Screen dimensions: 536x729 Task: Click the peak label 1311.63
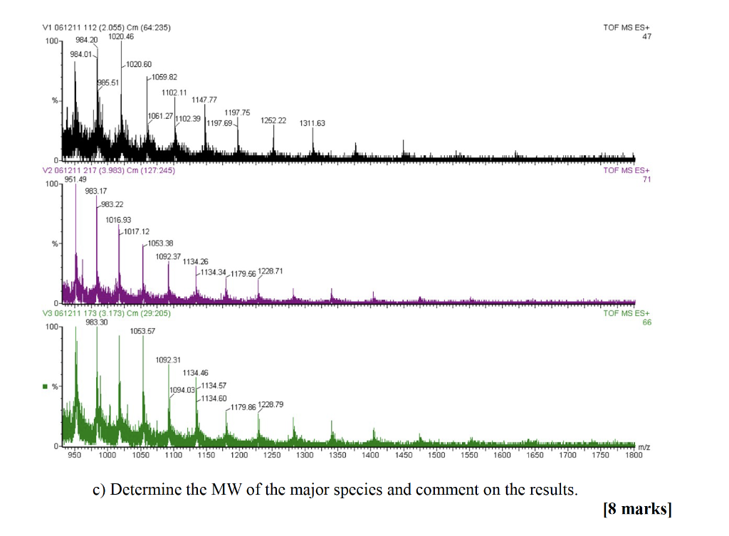coord(313,123)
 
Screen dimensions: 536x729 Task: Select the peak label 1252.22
coord(273,120)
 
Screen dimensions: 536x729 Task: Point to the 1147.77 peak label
coord(204,100)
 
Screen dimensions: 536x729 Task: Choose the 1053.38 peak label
coord(160,243)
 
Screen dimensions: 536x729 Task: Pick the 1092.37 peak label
coord(168,256)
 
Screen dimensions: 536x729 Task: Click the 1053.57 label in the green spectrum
coord(142,331)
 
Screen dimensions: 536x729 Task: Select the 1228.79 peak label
coord(271,404)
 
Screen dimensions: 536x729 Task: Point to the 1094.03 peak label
coord(182,390)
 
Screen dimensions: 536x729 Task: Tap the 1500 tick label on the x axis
coord(436,455)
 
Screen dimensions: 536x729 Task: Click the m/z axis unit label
coord(644,447)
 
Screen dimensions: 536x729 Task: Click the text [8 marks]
coord(636,509)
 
